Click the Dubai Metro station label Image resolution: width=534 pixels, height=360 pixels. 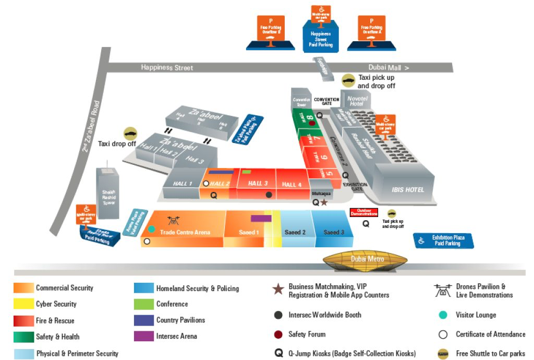tap(367, 259)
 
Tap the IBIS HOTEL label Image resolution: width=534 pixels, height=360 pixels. tap(408, 189)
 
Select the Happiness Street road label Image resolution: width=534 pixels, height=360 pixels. tap(166, 68)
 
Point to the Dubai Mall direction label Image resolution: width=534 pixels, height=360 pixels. tap(389, 68)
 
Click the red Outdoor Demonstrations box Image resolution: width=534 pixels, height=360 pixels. tap(363, 213)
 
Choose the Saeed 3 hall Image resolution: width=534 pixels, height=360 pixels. tap(334, 232)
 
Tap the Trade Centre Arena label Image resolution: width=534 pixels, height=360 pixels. tap(185, 232)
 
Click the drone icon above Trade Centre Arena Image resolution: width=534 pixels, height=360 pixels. tap(173, 221)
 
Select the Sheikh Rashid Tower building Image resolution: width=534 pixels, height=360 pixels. tap(108, 193)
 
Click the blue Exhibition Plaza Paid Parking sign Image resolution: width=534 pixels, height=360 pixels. tap(447, 241)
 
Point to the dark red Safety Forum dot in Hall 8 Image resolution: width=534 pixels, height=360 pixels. tap(312, 123)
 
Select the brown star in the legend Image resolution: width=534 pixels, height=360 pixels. tap(278, 290)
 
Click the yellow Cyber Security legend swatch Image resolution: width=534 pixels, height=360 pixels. tap(23, 304)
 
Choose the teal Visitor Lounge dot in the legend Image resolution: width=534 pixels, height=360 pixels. tap(443, 315)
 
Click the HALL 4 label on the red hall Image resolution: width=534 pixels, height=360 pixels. tap(292, 184)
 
